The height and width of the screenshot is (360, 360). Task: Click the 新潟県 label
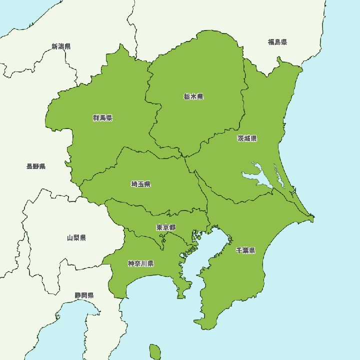pos(61,46)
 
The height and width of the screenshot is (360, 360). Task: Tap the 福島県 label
pos(277,42)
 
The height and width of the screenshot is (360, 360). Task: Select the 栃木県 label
pos(193,96)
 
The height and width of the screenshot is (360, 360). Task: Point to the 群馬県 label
pos(102,118)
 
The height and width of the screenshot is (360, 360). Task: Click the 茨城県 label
pos(247,138)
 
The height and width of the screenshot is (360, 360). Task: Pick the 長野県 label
pos(36,166)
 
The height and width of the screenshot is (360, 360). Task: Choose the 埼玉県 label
pos(140,184)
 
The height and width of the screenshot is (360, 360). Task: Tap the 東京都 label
pos(165,227)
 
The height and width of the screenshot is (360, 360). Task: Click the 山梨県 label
pos(76,237)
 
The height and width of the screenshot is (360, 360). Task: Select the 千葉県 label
pos(245,250)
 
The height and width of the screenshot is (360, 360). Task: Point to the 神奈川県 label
pos(140,263)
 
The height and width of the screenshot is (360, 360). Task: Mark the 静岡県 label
pos(84,295)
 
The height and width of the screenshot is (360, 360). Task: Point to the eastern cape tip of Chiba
pos(312,218)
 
